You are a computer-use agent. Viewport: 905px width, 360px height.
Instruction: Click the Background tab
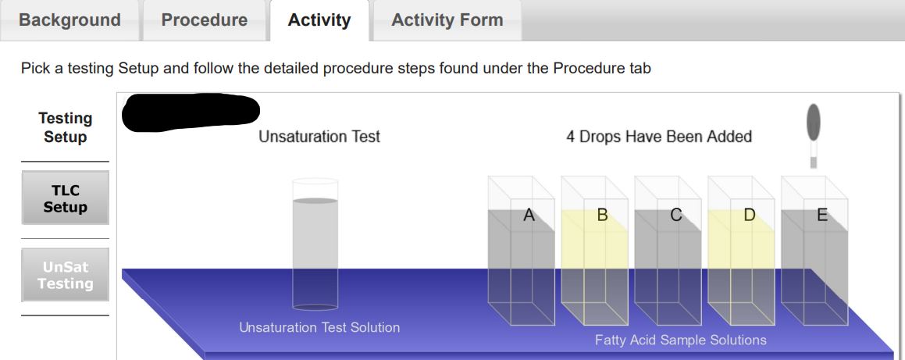[x=69, y=20]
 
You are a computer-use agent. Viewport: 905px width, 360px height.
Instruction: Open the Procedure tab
[x=204, y=20]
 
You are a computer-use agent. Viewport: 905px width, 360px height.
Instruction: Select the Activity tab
[x=319, y=20]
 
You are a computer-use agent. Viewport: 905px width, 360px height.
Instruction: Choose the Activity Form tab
[x=447, y=20]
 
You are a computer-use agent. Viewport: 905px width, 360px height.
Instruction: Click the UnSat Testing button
[x=65, y=275]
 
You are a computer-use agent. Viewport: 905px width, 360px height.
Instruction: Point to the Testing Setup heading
[x=65, y=127]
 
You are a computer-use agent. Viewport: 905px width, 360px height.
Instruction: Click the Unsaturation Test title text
[x=319, y=137]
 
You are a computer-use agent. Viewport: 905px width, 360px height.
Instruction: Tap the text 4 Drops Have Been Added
[x=658, y=137]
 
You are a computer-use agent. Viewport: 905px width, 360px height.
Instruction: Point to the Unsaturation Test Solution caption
[x=319, y=327]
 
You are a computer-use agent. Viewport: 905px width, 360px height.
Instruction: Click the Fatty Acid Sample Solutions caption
[x=680, y=340]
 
